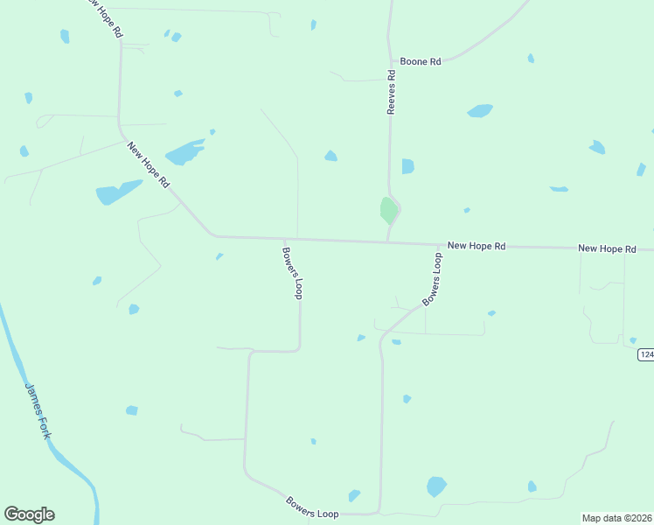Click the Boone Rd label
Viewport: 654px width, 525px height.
(x=421, y=61)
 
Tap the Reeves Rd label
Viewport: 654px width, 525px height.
(x=392, y=93)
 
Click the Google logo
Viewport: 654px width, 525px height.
(x=29, y=514)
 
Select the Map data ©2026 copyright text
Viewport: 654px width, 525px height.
(x=616, y=518)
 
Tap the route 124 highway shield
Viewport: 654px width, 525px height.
(x=646, y=354)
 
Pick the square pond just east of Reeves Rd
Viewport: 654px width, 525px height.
(x=407, y=166)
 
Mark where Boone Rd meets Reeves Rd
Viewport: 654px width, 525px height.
(x=390, y=62)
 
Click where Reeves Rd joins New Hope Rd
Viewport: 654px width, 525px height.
(x=387, y=241)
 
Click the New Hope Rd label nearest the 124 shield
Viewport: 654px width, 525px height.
(x=607, y=249)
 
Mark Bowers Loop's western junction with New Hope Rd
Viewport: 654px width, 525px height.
(x=283, y=239)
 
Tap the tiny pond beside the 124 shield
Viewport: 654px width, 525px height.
(x=633, y=340)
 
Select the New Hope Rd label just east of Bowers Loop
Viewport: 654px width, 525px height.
(x=477, y=247)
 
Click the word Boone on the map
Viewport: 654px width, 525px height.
(x=414, y=61)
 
